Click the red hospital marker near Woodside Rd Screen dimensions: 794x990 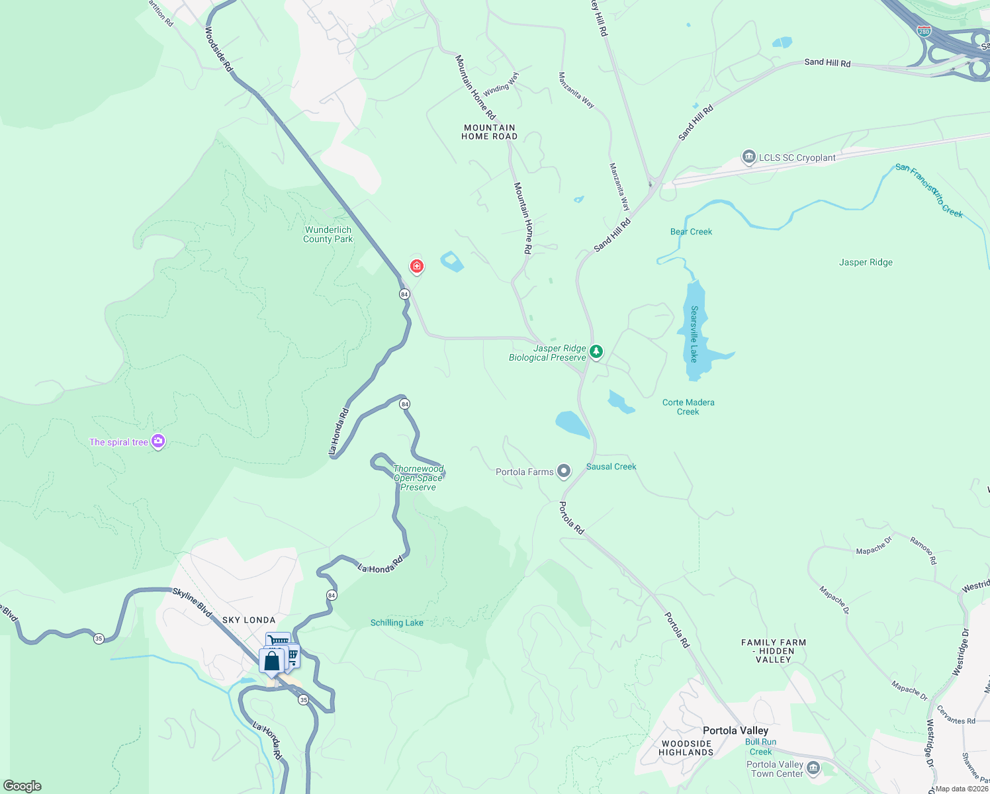tap(417, 266)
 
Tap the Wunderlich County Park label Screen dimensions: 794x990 tap(328, 235)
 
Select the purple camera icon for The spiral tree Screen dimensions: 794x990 tap(157, 441)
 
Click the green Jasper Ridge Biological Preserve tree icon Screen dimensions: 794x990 tap(596, 351)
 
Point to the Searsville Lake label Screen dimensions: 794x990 tap(694, 333)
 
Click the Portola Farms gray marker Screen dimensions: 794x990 tap(564, 471)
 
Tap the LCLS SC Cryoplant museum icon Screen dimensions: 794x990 tap(749, 157)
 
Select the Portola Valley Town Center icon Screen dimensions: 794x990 tap(813, 768)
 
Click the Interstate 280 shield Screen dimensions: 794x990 tap(924, 31)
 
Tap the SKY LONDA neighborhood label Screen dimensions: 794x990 tap(249, 620)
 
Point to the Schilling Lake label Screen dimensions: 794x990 tap(397, 623)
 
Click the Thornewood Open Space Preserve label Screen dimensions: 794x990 tap(418, 478)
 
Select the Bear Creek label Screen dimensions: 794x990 tap(691, 232)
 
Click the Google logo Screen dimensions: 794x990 tap(22, 785)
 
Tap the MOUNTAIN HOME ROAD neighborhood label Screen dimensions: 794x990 tap(490, 132)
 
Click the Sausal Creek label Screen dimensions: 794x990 tap(611, 466)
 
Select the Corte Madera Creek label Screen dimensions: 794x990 tap(688, 407)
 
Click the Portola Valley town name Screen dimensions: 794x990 tap(735, 730)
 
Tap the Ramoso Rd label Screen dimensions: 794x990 tap(923, 551)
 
